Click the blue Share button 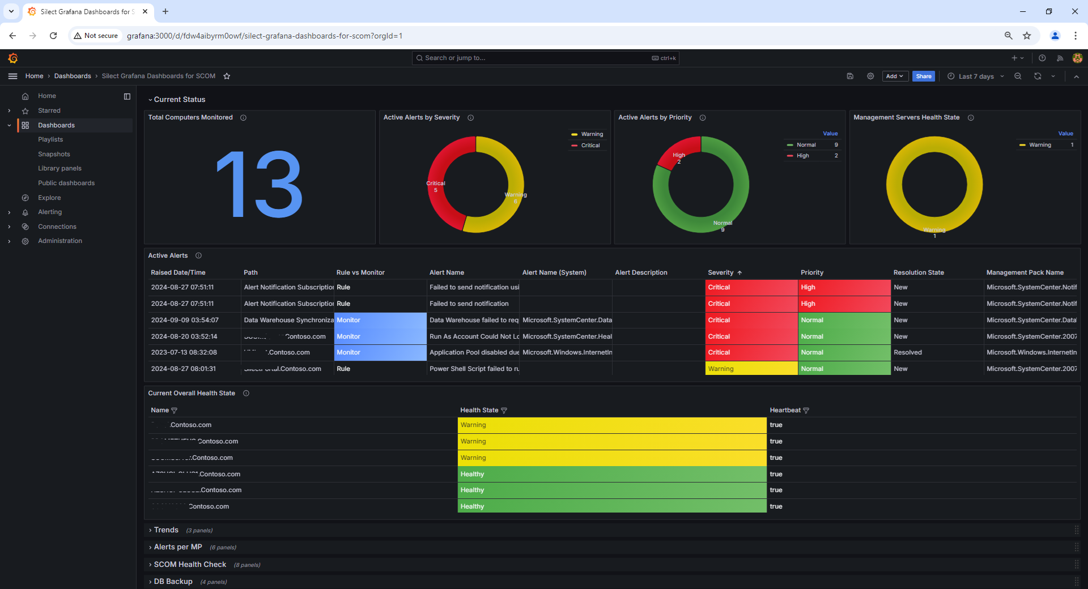(923, 76)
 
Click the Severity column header (721, 272)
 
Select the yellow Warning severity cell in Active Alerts (751, 369)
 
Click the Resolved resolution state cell (908, 352)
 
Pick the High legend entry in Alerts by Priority (802, 156)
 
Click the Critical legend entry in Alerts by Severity (590, 146)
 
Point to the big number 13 (260, 185)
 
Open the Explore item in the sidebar (49, 198)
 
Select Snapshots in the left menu (54, 154)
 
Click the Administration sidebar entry (60, 241)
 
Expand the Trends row (166, 530)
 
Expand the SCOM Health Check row (190, 565)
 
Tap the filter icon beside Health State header (504, 411)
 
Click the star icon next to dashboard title (227, 76)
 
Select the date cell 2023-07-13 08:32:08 (184, 352)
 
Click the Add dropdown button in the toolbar (895, 76)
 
